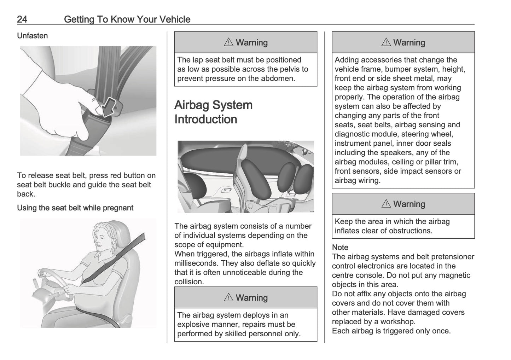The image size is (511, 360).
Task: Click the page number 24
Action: pyautogui.click(x=22, y=19)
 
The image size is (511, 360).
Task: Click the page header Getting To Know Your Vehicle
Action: pyautogui.click(x=127, y=19)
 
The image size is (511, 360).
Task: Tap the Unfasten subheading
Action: pyautogui.click(x=32, y=36)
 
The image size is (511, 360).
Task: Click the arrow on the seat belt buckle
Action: pyautogui.click(x=109, y=106)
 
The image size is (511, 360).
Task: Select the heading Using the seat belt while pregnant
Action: pyautogui.click(x=75, y=208)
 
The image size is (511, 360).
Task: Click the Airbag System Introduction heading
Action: pyautogui.click(x=213, y=112)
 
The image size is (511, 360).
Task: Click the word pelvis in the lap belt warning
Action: pyautogui.click(x=288, y=69)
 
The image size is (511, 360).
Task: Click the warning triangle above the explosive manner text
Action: pyautogui.click(x=228, y=298)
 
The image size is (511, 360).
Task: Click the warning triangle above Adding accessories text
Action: pyautogui.click(x=386, y=42)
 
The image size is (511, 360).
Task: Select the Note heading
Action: pyautogui.click(x=340, y=247)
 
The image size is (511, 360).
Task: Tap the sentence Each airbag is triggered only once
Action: pyautogui.click(x=391, y=331)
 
